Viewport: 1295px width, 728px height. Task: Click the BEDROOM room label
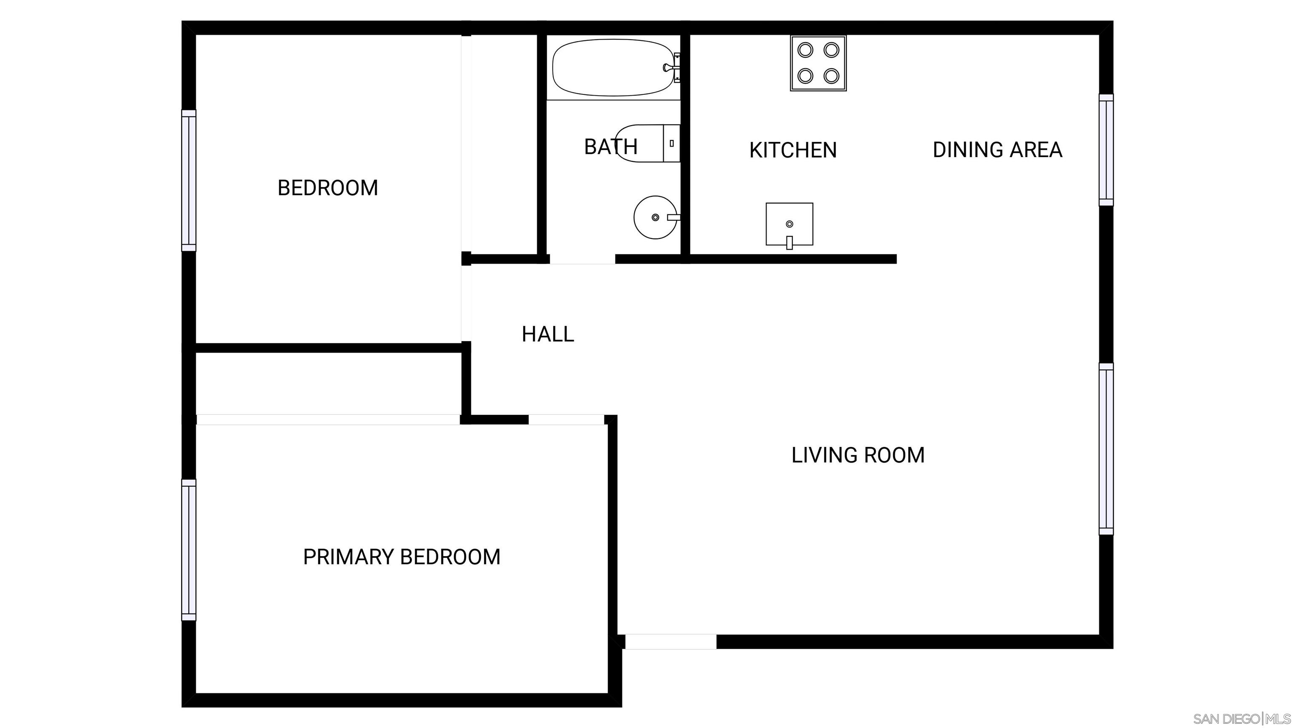pos(328,188)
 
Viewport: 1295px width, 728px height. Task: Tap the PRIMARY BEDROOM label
pos(402,557)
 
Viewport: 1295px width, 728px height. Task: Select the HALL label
pos(548,334)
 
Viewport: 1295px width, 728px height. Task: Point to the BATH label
pos(611,147)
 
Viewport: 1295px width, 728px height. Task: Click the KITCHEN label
pos(793,150)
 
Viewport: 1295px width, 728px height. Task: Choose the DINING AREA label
pos(997,150)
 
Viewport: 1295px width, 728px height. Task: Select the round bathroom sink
pos(656,217)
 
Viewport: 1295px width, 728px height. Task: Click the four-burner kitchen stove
pos(818,63)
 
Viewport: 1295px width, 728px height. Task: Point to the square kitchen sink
pos(789,225)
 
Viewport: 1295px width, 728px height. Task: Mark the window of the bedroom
pos(188,180)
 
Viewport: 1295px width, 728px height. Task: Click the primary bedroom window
pos(188,550)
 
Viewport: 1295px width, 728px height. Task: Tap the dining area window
pos(1106,150)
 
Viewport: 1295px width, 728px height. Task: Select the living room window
pos(1106,449)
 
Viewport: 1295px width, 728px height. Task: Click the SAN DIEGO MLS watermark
pos(1242,718)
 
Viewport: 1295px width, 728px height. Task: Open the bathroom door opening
pos(582,259)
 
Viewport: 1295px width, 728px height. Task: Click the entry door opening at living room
pos(671,642)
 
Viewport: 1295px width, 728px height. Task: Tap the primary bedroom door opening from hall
pos(566,420)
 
